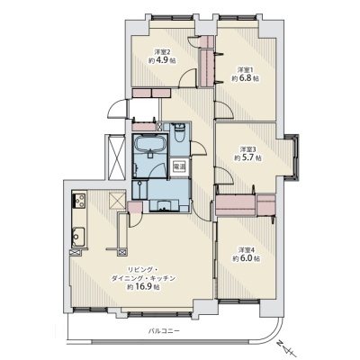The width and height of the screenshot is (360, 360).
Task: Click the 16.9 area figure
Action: coord(144,287)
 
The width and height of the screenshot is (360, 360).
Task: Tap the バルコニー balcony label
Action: coord(164,331)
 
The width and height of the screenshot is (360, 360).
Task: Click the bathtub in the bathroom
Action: coord(149,143)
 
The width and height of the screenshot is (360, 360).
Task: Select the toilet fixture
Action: coord(180,132)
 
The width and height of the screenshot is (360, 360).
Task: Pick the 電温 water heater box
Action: coord(179,166)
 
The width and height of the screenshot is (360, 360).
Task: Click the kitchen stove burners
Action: coord(79,200)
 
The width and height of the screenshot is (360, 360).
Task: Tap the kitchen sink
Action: coord(78,237)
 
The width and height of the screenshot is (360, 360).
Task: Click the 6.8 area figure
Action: coord(245,78)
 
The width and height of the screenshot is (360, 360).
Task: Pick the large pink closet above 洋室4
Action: coord(236,205)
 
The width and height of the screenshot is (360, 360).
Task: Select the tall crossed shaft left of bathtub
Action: coord(116,157)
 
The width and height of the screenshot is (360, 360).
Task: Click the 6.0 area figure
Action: coord(246,258)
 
